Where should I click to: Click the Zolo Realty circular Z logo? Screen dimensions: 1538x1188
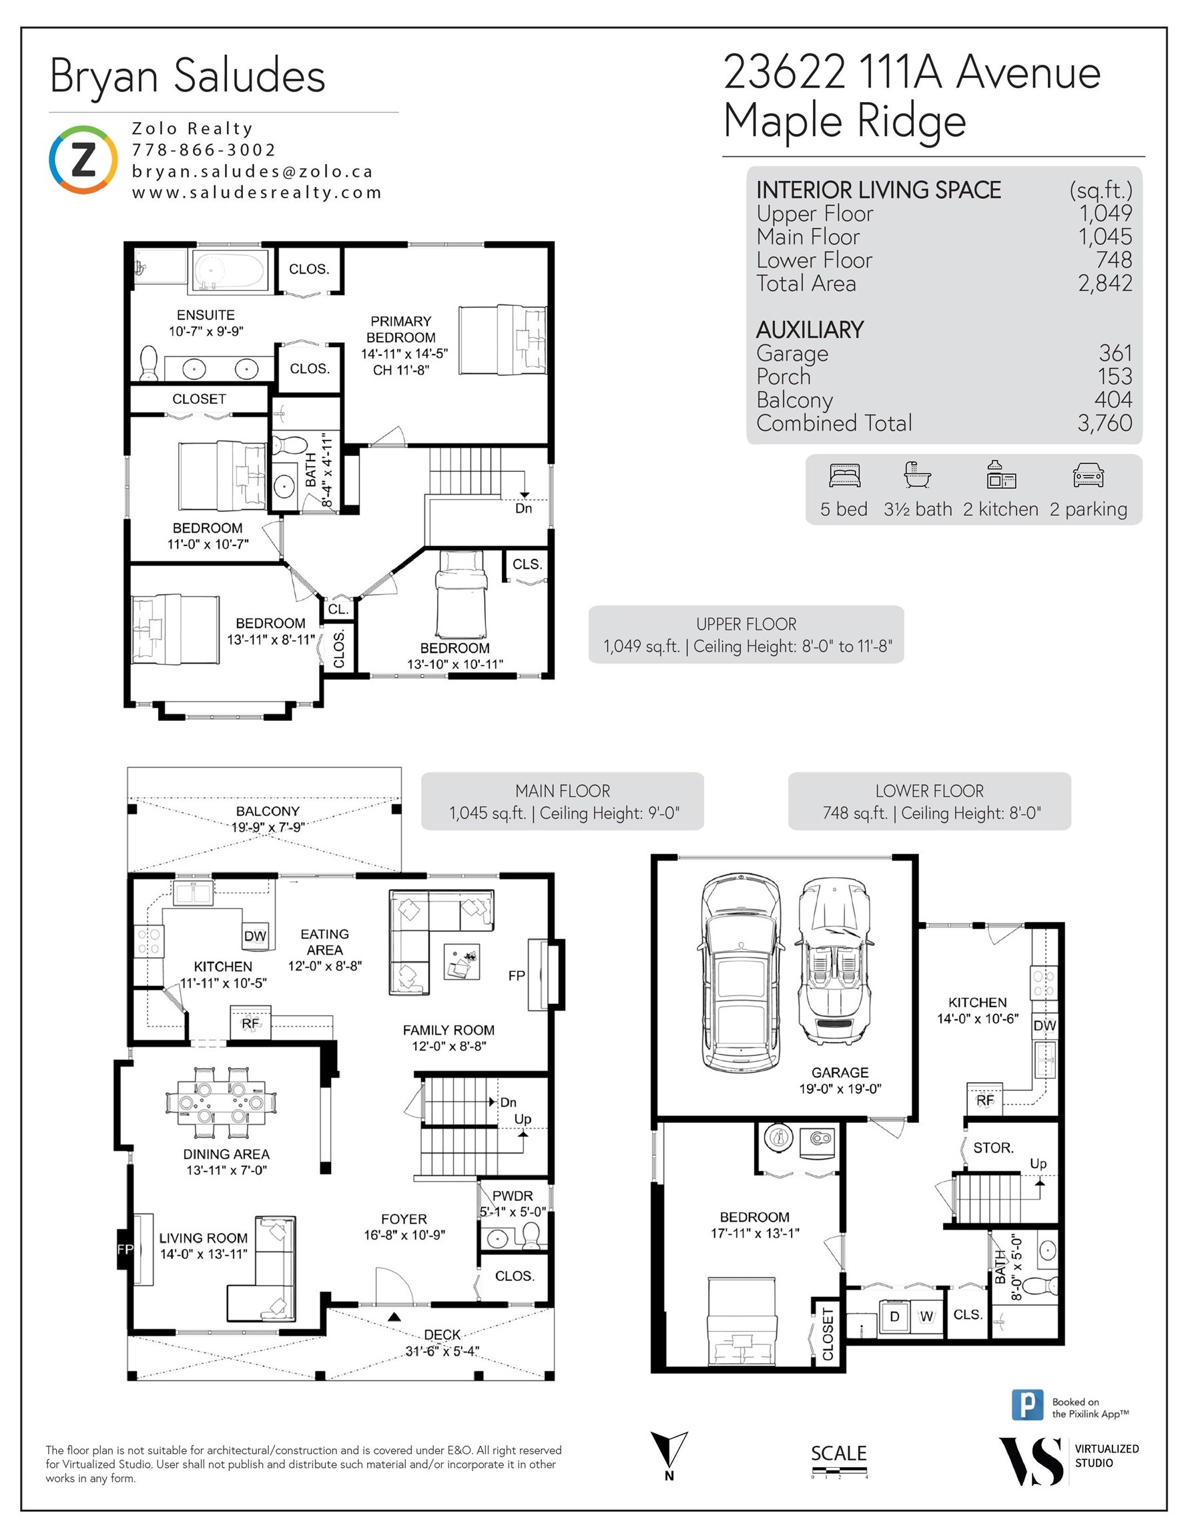(83, 160)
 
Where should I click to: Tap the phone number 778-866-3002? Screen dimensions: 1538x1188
(204, 150)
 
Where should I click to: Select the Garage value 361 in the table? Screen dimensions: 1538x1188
(1115, 353)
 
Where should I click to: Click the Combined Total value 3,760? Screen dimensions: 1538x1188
(1104, 423)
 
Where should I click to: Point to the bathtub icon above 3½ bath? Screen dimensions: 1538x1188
(918, 475)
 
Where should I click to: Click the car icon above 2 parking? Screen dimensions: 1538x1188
(1088, 476)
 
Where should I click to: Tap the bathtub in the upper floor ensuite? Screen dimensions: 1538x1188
(230, 271)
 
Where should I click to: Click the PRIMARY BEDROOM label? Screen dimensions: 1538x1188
(400, 329)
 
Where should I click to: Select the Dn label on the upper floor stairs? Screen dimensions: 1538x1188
(523, 509)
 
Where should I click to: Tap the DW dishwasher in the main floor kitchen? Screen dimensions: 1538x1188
(255, 936)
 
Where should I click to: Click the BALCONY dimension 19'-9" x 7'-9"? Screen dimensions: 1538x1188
(268, 827)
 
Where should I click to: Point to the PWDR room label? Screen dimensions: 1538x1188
(512, 1196)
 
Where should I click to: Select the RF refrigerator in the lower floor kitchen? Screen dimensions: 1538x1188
(984, 1100)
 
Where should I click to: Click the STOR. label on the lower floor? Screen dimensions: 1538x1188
(993, 1148)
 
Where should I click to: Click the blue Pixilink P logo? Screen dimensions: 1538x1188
(1027, 1405)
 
